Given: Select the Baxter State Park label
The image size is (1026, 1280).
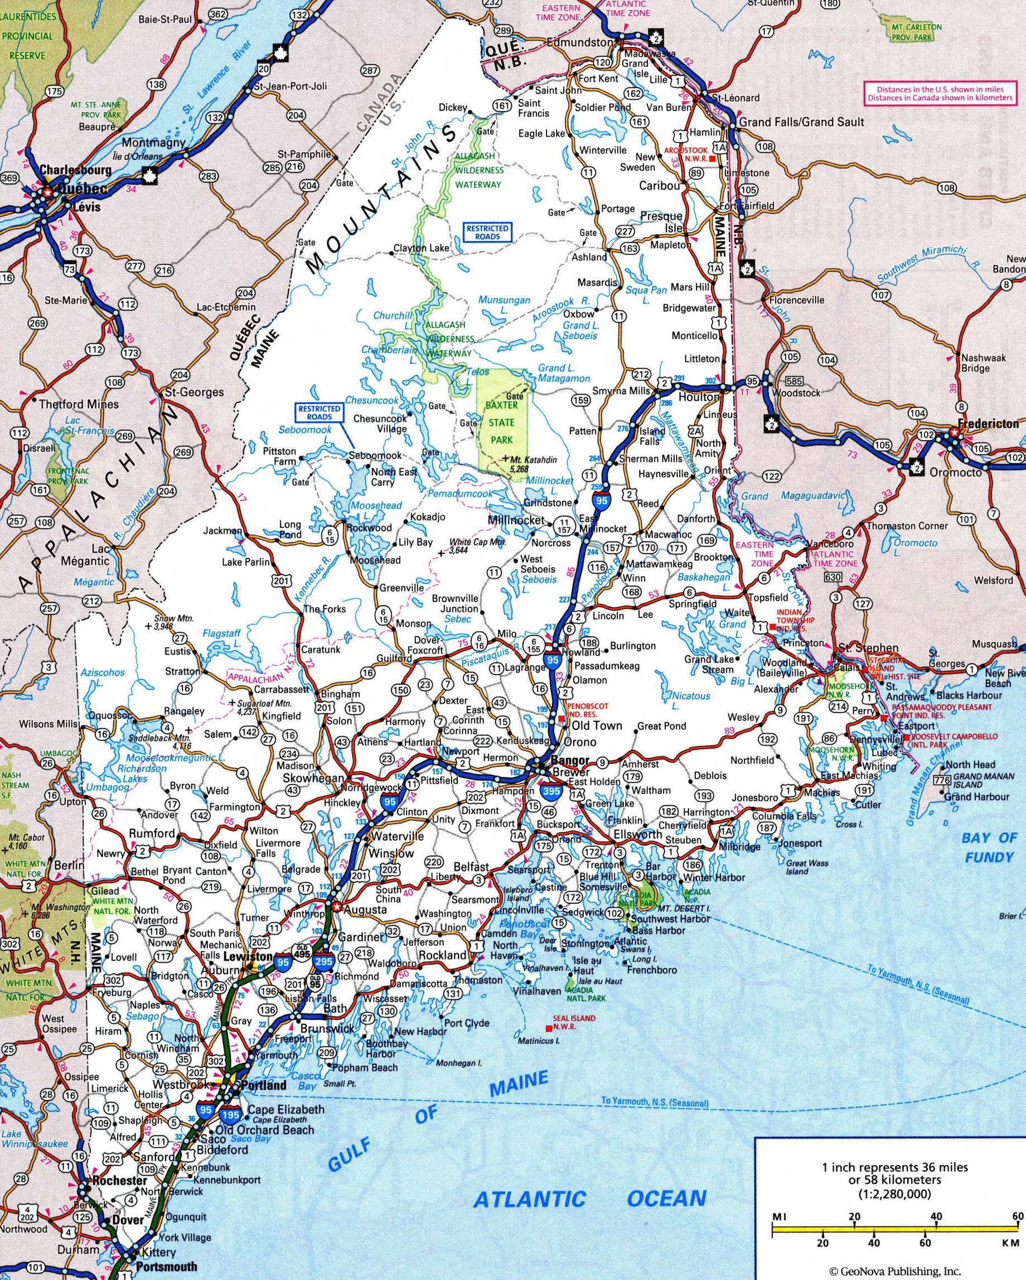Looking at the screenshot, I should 501,423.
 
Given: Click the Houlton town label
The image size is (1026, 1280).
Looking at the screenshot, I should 699,397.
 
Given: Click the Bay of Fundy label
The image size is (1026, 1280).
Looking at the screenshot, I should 989,848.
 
